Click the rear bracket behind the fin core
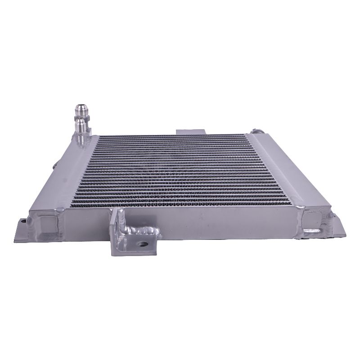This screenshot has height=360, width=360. coord(191,131)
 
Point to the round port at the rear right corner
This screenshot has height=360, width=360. coord(258,131)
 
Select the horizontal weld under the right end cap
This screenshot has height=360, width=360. coord(313,231)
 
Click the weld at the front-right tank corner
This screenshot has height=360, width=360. coord(301,207)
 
